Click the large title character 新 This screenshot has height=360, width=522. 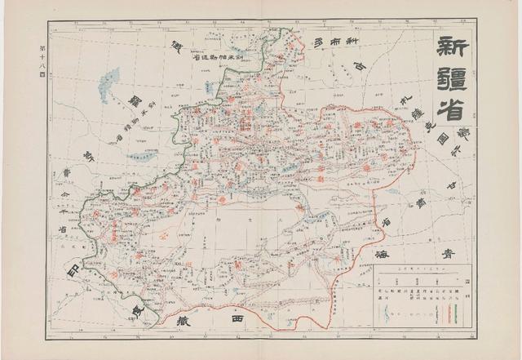[x=454, y=46]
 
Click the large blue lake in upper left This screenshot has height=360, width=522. [x=108, y=84]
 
